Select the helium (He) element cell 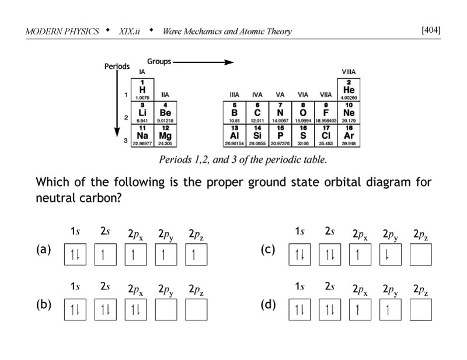[348, 90]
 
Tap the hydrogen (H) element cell [142, 90]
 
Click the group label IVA [257, 95]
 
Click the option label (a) [44, 250]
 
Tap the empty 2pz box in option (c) [420, 254]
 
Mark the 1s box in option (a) [75, 254]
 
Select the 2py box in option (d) [390, 309]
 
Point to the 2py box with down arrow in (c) [390, 254]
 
